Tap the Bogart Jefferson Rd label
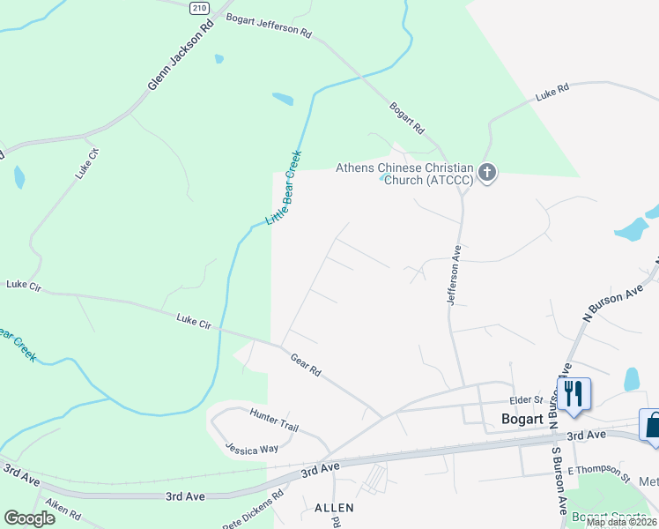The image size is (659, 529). coord(269,26)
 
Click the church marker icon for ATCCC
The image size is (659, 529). coord(487,172)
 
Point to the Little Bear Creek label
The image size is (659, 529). coord(285,188)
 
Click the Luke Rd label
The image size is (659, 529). coord(552,91)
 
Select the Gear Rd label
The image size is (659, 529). coord(306,364)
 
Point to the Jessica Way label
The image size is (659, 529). coord(251,449)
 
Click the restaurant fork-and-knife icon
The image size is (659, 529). coord(574,392)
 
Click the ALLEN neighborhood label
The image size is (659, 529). coord(334,508)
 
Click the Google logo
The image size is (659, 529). coord(29,518)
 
